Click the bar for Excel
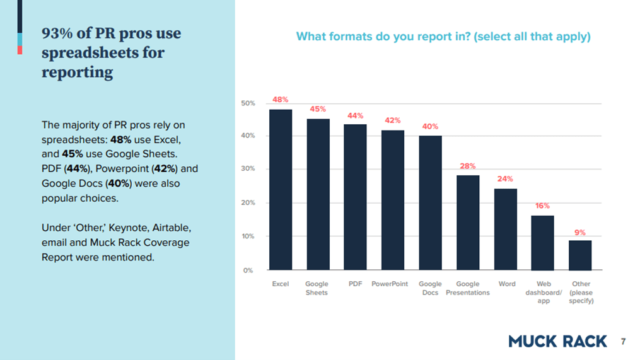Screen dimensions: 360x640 pyautogui.click(x=281, y=190)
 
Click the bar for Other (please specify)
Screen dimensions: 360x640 pyautogui.click(x=580, y=255)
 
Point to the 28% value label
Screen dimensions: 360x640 pyautogui.click(x=468, y=166)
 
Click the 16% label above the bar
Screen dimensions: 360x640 pyautogui.click(x=542, y=206)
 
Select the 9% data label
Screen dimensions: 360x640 pyautogui.click(x=580, y=232)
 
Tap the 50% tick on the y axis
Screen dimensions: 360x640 pyautogui.click(x=248, y=103)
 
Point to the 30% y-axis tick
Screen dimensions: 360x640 pyautogui.click(x=248, y=170)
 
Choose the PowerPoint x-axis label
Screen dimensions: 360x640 pyautogui.click(x=390, y=284)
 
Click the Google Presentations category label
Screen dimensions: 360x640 pyautogui.click(x=468, y=288)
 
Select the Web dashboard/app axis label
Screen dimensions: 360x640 pyautogui.click(x=544, y=293)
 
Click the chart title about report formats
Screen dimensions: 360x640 pyautogui.click(x=443, y=37)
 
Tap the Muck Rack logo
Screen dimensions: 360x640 pyautogui.click(x=557, y=341)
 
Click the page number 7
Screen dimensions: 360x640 pyautogui.click(x=623, y=342)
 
